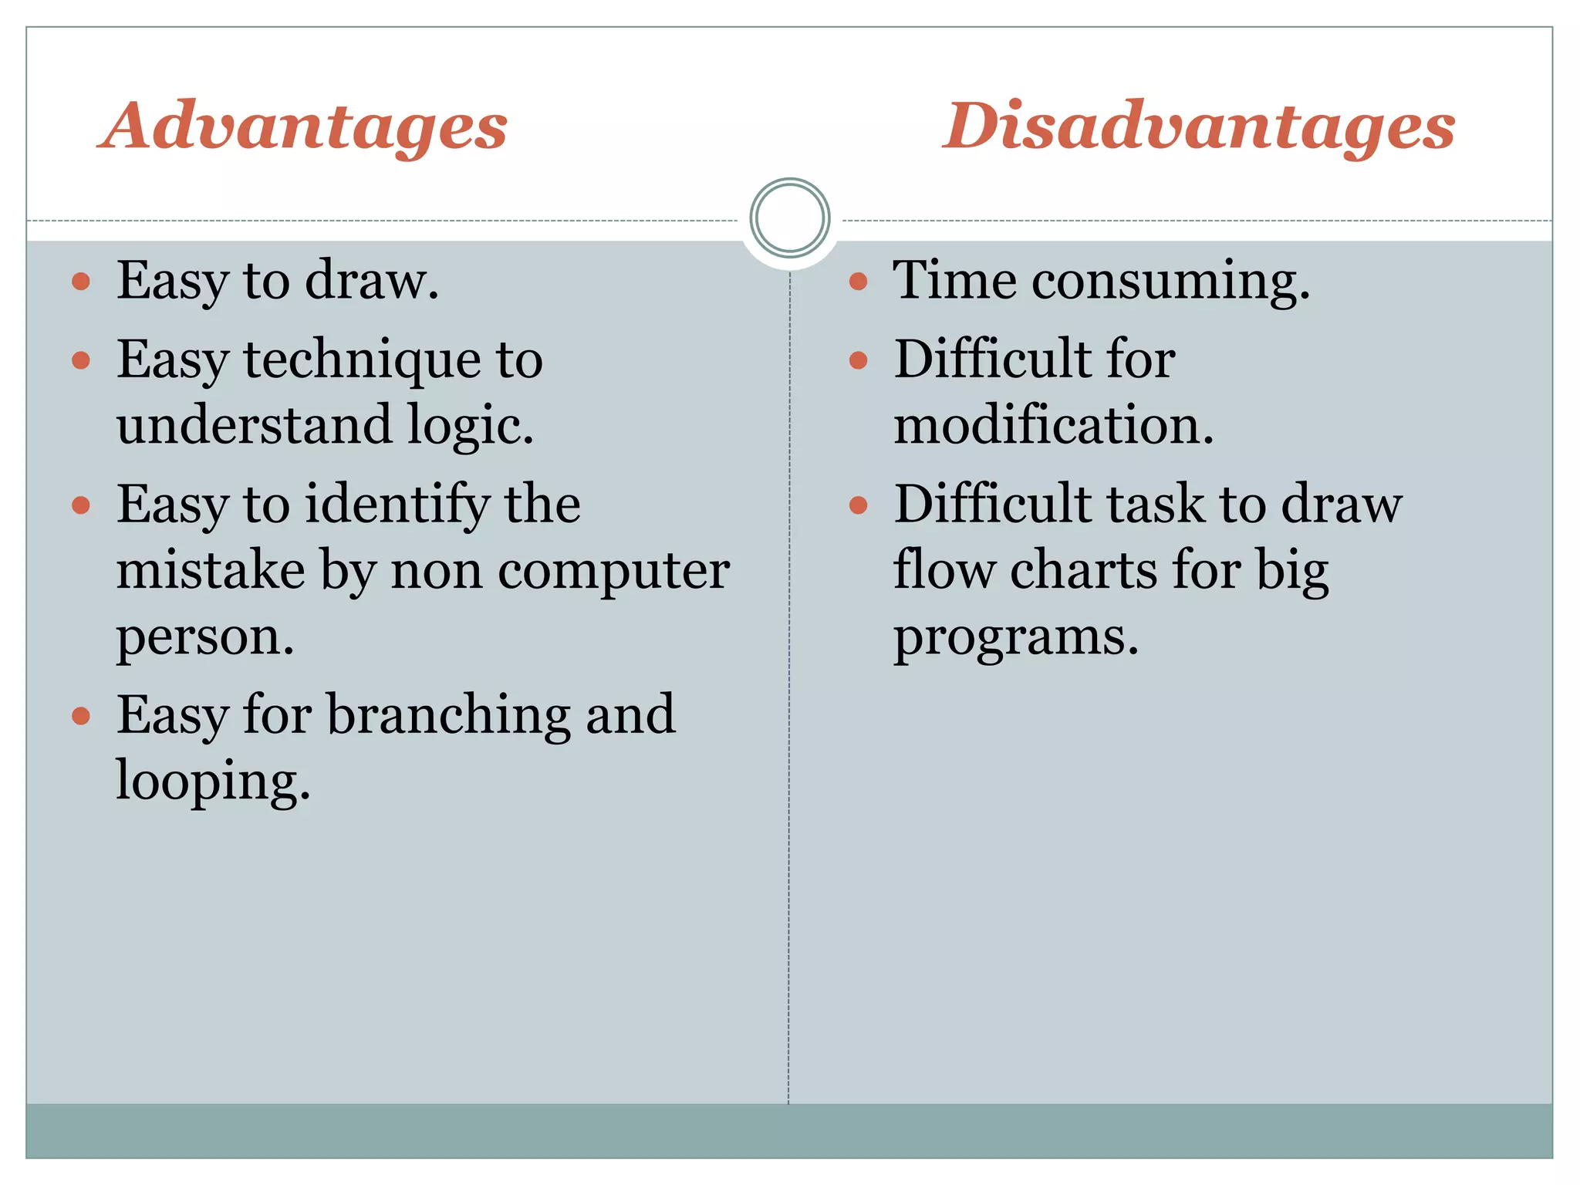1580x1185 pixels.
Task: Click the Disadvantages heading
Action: click(1198, 127)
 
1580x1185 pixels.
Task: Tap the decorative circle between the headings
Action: click(789, 218)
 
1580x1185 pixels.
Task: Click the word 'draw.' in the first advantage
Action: click(372, 280)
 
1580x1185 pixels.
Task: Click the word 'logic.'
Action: click(471, 426)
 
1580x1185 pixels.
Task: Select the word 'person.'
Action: click(205, 638)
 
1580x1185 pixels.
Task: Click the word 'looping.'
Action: click(213, 782)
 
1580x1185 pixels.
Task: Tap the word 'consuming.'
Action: click(1170, 281)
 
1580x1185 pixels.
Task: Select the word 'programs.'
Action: click(1015, 638)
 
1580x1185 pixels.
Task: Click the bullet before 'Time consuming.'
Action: click(858, 282)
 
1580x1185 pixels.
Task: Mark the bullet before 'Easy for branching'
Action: click(81, 716)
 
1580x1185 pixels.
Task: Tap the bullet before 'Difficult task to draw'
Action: click(858, 505)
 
